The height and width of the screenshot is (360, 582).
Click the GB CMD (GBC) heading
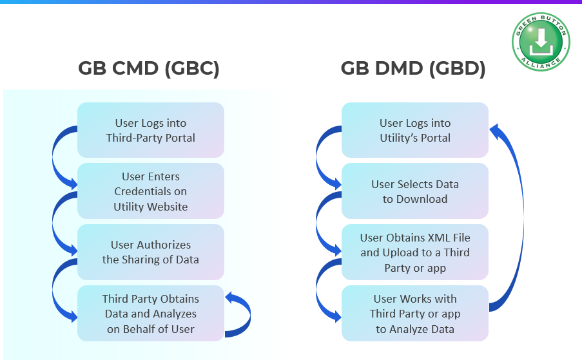click(149, 69)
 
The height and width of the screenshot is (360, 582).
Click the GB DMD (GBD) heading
click(413, 69)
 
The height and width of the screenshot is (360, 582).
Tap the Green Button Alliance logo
click(541, 42)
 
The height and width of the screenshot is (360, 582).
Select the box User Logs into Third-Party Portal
click(151, 130)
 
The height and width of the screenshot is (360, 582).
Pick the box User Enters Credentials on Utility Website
click(151, 191)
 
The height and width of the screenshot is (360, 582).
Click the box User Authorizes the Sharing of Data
click(151, 252)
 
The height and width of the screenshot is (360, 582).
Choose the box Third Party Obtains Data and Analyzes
click(151, 314)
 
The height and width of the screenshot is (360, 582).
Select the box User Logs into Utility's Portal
click(415, 130)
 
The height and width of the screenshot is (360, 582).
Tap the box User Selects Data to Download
click(415, 191)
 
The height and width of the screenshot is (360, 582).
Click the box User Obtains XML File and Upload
click(415, 252)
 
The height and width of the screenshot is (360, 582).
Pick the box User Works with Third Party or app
click(415, 314)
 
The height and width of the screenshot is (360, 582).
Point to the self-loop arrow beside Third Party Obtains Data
click(242, 314)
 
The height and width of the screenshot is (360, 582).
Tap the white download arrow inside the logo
click(541, 41)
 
